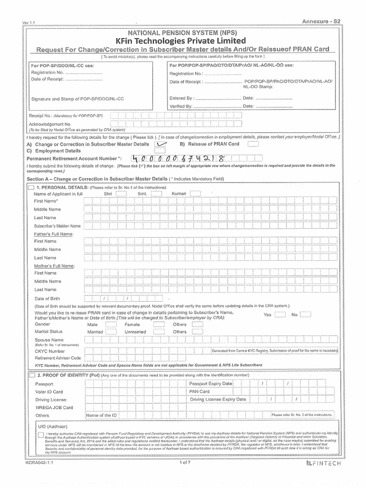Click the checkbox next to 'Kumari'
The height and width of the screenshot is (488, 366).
(x=195, y=194)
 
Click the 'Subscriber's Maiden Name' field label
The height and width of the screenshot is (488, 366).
(x=57, y=226)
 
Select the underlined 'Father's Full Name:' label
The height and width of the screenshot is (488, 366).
(x=53, y=234)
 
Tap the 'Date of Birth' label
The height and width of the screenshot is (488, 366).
(x=47, y=298)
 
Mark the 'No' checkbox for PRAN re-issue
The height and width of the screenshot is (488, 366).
(x=305, y=315)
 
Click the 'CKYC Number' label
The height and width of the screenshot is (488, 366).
(x=50, y=351)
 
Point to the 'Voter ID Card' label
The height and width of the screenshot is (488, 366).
(x=49, y=392)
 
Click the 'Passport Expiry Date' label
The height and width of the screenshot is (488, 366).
(x=211, y=384)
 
